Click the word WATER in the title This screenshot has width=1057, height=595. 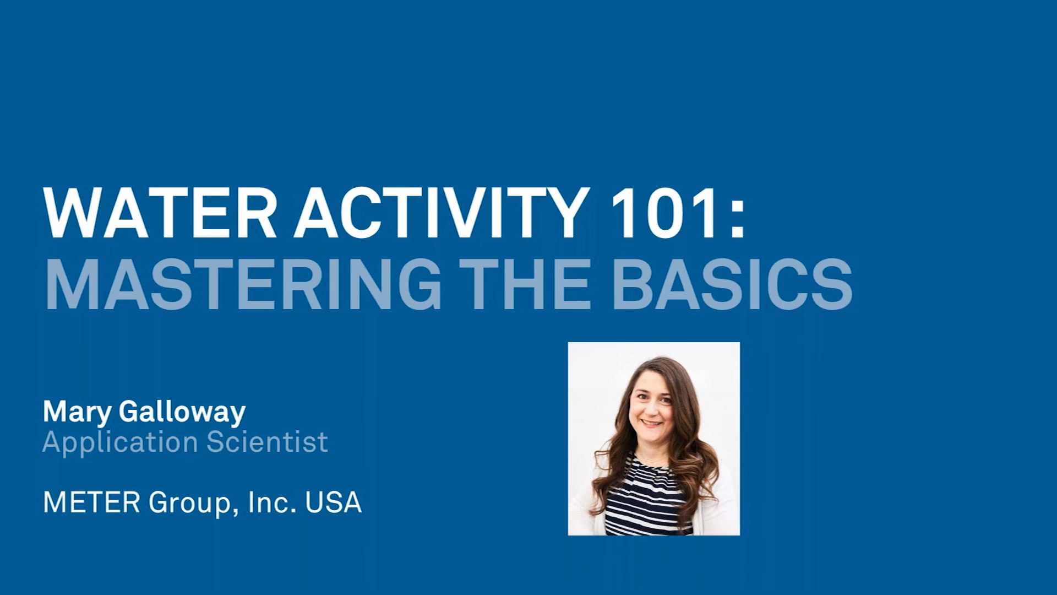click(x=160, y=213)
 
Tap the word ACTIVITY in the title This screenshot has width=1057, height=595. click(x=438, y=213)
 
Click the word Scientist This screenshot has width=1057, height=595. click(x=267, y=442)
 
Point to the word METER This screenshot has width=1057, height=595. click(x=91, y=502)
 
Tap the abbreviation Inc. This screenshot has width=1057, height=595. click(x=272, y=502)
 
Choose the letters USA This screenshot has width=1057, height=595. click(x=333, y=502)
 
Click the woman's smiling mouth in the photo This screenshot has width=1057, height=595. click(x=652, y=423)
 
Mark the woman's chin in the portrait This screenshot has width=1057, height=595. click(x=652, y=437)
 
